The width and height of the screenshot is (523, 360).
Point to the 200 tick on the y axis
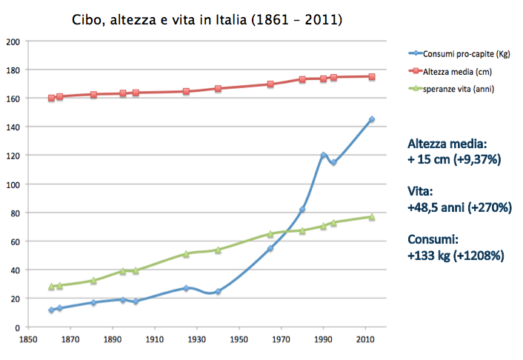(x=13, y=41)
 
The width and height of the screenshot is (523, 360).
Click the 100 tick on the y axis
(x=13, y=184)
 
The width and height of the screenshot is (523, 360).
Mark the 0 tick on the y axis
(x=16, y=327)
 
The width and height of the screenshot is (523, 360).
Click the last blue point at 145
(x=371, y=119)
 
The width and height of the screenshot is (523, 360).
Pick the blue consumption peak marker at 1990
(x=324, y=155)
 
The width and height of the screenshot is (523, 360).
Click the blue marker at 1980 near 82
(x=302, y=210)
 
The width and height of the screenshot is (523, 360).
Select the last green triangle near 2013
(x=371, y=216)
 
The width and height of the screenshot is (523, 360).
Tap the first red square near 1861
(x=51, y=99)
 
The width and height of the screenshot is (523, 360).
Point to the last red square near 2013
(x=371, y=76)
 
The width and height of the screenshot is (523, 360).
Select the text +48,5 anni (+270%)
(x=459, y=207)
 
